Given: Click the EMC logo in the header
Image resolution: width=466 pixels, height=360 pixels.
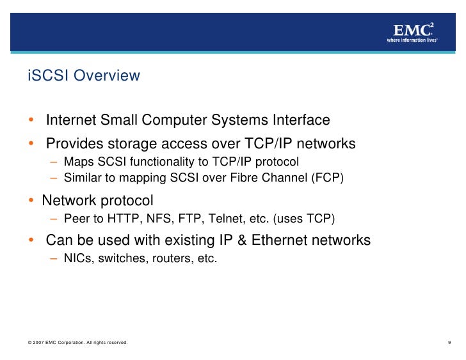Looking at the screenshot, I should pyautogui.click(x=413, y=29).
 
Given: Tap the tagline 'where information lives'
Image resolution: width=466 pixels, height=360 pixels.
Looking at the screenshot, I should pyautogui.click(x=412, y=40).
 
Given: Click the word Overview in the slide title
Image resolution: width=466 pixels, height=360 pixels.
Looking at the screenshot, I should pyautogui.click(x=107, y=76).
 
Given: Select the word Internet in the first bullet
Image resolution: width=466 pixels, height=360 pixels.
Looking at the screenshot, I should pyautogui.click(x=70, y=120).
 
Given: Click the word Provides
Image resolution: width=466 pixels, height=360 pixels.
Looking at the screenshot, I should pyautogui.click(x=74, y=144).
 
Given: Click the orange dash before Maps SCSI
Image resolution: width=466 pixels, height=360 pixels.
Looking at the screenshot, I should pyautogui.click(x=55, y=161).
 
